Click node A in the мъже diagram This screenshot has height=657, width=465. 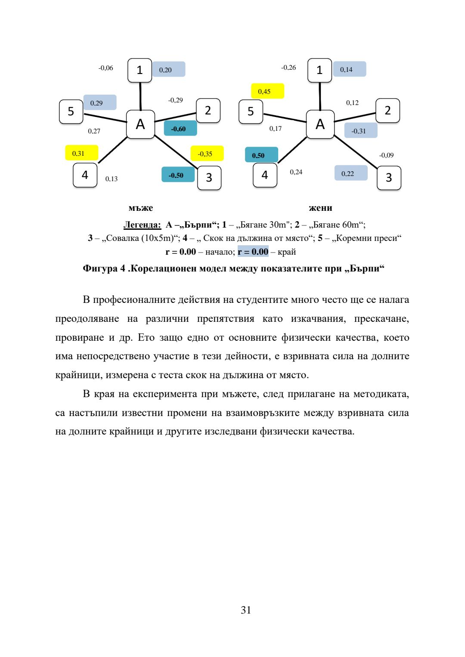pos(140,124)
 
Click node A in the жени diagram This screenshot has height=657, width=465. pos(320,124)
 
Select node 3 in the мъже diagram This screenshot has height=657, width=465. pos(209,178)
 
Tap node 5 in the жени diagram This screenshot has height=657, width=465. pos(251,111)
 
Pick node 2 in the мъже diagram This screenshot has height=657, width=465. pos(208,111)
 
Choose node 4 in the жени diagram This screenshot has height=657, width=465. pos(265,175)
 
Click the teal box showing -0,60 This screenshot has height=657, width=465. pos(180,129)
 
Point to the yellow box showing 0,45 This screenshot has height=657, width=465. pos(267,91)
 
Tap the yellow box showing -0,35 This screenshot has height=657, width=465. pos(207,154)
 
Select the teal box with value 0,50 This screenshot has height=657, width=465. pos(261,155)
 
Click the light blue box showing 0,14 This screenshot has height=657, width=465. pos(349,69)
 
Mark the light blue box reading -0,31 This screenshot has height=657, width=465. pos(360,131)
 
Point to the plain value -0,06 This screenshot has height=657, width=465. pos(106,68)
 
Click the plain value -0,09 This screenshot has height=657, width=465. pos(386,155)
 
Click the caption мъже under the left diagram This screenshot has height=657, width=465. pos(141,208)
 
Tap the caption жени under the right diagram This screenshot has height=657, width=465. pos(320,208)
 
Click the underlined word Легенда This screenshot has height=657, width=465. pos(142,225)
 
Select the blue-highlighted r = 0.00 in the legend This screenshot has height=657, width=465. pos(253,252)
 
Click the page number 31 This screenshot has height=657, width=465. pos(246,610)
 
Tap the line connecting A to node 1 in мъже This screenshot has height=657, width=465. pos(140,96)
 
